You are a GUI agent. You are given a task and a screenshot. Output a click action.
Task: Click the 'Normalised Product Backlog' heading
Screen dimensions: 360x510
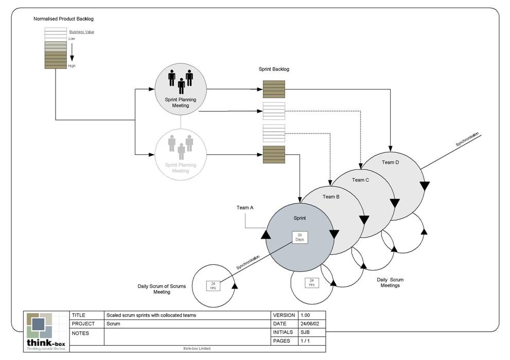click(x=63, y=19)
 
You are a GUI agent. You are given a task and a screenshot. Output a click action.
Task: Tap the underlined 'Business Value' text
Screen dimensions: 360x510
click(x=81, y=32)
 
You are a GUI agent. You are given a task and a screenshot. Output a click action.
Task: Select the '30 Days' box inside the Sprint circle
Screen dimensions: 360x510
click(x=300, y=237)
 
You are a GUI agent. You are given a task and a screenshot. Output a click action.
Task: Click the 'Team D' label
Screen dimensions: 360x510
click(x=390, y=163)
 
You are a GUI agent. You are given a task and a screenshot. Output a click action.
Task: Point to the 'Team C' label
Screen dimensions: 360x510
click(x=360, y=179)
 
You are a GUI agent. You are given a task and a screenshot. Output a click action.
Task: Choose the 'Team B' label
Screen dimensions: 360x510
click(x=331, y=196)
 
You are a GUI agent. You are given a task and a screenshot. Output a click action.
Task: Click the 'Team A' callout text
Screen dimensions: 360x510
click(x=245, y=207)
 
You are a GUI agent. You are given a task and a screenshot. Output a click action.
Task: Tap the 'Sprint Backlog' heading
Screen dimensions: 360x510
click(x=274, y=69)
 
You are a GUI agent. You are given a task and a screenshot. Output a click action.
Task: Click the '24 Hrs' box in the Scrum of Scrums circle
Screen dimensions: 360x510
click(x=213, y=285)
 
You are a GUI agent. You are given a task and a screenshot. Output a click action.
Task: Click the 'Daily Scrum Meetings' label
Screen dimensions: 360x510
click(x=390, y=282)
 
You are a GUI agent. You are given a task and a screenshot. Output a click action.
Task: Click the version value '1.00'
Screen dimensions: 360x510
click(x=306, y=315)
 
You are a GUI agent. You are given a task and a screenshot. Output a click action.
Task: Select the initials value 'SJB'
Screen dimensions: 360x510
click(x=305, y=333)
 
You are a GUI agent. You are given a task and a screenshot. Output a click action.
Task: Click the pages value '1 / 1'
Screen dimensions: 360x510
click(x=306, y=341)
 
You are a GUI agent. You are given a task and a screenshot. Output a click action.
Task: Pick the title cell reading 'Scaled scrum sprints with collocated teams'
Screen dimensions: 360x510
click(x=151, y=315)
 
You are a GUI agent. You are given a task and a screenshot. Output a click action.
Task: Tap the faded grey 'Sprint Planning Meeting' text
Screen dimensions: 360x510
click(x=180, y=168)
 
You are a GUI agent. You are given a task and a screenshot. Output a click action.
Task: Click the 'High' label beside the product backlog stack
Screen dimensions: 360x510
click(x=72, y=66)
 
